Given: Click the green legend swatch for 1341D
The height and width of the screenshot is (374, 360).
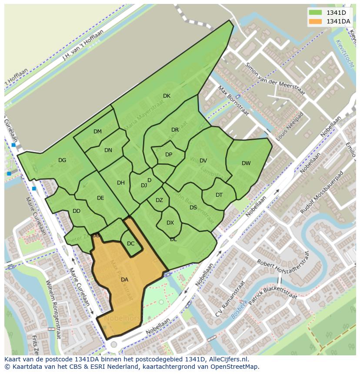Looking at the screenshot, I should tap(316, 12).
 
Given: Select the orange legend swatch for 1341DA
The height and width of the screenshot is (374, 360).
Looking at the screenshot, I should tap(316, 21).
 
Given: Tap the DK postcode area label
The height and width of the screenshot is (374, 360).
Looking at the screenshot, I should tap(167, 96).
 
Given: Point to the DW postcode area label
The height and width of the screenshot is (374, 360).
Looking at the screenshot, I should tap(246, 163).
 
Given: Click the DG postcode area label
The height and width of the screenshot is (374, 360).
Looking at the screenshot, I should tap(62, 160).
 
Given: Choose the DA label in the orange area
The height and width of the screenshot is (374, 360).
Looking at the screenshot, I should tap(124, 280).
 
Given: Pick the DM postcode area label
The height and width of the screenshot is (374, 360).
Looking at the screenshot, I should tap(97, 132).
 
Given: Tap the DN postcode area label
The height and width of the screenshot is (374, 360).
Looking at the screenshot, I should tap(108, 150).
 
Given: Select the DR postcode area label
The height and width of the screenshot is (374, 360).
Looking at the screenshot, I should tap(175, 130).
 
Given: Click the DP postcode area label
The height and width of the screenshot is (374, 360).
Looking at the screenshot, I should tap(169, 155).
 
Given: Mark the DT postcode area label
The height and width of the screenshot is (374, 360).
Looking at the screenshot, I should tap(219, 195).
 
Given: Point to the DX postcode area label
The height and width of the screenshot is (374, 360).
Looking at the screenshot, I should tap(170, 223).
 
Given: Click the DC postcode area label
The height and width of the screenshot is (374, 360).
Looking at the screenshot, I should tap(130, 244).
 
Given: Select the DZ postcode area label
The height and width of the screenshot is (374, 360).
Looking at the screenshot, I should tap(159, 200).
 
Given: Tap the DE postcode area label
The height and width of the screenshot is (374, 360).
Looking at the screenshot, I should tap(100, 198).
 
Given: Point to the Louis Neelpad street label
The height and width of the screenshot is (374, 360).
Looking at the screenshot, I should tap(289, 126).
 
